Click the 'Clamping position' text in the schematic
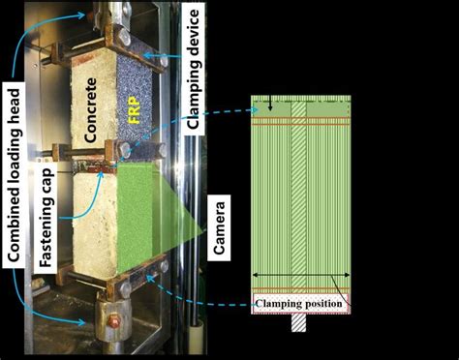click(x=300, y=301)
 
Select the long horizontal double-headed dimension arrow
click(x=300, y=276)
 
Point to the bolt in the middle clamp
click(x=125, y=150)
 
